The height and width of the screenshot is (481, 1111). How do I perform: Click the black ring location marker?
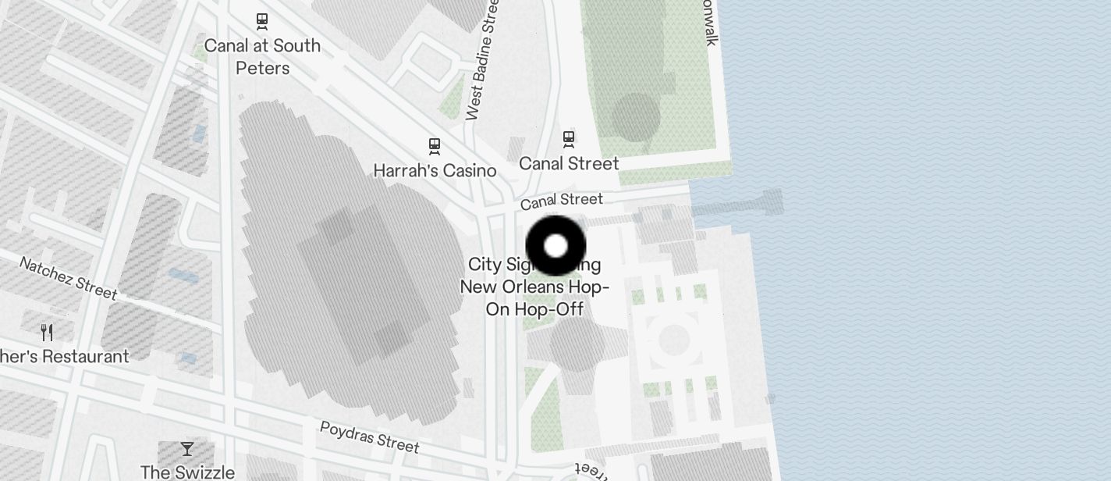coord(555,246)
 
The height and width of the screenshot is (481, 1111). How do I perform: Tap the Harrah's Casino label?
coord(435,170)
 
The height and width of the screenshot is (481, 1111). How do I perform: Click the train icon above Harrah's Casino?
coord(435,146)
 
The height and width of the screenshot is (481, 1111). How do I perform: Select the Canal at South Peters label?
coord(262,56)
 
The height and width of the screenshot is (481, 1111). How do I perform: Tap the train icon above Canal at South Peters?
coord(262,21)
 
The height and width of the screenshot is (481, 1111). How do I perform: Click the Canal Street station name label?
coord(569,163)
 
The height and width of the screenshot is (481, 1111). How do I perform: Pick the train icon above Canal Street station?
coord(569,139)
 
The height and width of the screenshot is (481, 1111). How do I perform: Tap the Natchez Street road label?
coord(68,278)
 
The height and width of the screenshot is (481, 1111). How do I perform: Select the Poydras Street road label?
coord(369,436)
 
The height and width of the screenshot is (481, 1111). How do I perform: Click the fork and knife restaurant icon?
coord(47,333)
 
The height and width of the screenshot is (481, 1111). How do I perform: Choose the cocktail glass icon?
coord(187,448)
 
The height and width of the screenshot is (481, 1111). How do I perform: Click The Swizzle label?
coord(187,472)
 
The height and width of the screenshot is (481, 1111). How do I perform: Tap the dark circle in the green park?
coord(636,117)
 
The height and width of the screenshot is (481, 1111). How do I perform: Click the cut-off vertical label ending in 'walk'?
coord(708,23)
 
